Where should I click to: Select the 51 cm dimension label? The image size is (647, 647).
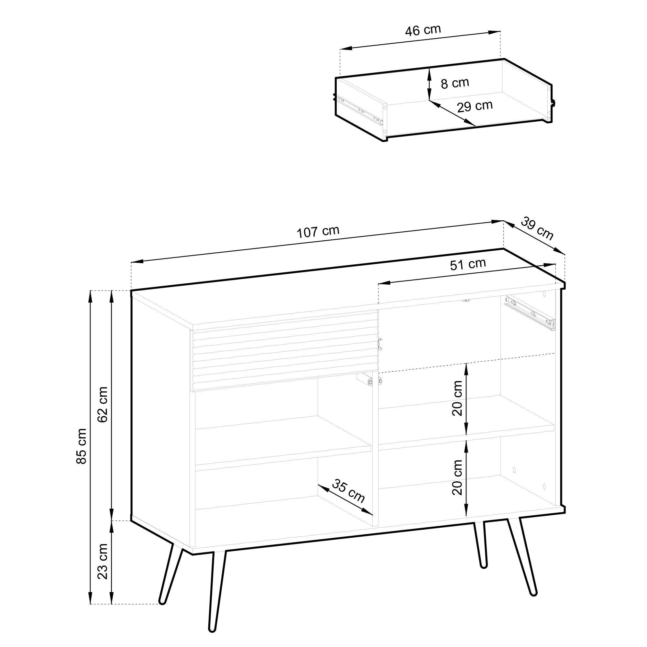pos(468,264)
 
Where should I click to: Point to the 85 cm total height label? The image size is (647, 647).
pos(82,446)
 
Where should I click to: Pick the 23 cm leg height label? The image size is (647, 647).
pos(103,561)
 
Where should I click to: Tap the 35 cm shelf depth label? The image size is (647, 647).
pos(348,491)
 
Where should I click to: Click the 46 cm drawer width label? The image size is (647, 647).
pos(423,30)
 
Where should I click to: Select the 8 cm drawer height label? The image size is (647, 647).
pos(455,83)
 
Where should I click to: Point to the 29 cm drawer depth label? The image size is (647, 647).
pos(475,106)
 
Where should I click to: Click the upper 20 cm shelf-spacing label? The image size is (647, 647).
pos(457,398)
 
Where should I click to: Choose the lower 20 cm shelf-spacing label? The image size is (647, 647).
pos(457,477)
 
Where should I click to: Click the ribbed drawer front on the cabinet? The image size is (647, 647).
pos(284,350)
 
